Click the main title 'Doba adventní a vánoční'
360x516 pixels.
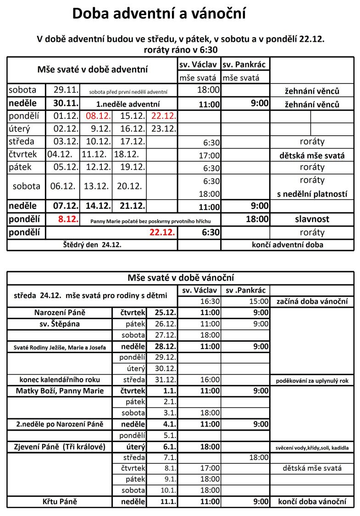click(159, 14)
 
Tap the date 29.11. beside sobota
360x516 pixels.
click(66, 90)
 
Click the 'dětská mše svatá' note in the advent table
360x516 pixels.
click(312, 155)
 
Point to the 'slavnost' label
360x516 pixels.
click(312, 219)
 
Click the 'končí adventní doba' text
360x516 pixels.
click(288, 244)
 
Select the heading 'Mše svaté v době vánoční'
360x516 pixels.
click(180, 278)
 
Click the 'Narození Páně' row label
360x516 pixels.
click(60, 313)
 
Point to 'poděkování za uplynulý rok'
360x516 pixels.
click(312, 381)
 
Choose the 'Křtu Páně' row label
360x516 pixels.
click(60, 501)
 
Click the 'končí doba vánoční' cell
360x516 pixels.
click(312, 501)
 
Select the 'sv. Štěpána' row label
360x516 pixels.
click(60, 324)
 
